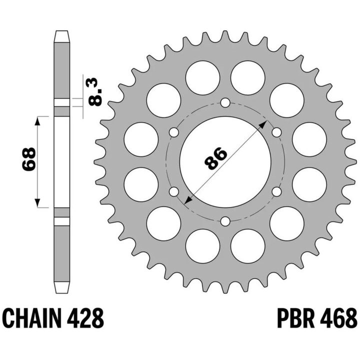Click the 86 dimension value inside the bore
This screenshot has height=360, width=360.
(x=215, y=158)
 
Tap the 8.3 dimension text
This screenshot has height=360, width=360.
(x=94, y=92)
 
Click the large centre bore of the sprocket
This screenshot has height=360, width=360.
(x=225, y=162)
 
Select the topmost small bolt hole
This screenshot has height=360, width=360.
(x=225, y=102)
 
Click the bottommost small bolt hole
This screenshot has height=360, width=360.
(x=225, y=221)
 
